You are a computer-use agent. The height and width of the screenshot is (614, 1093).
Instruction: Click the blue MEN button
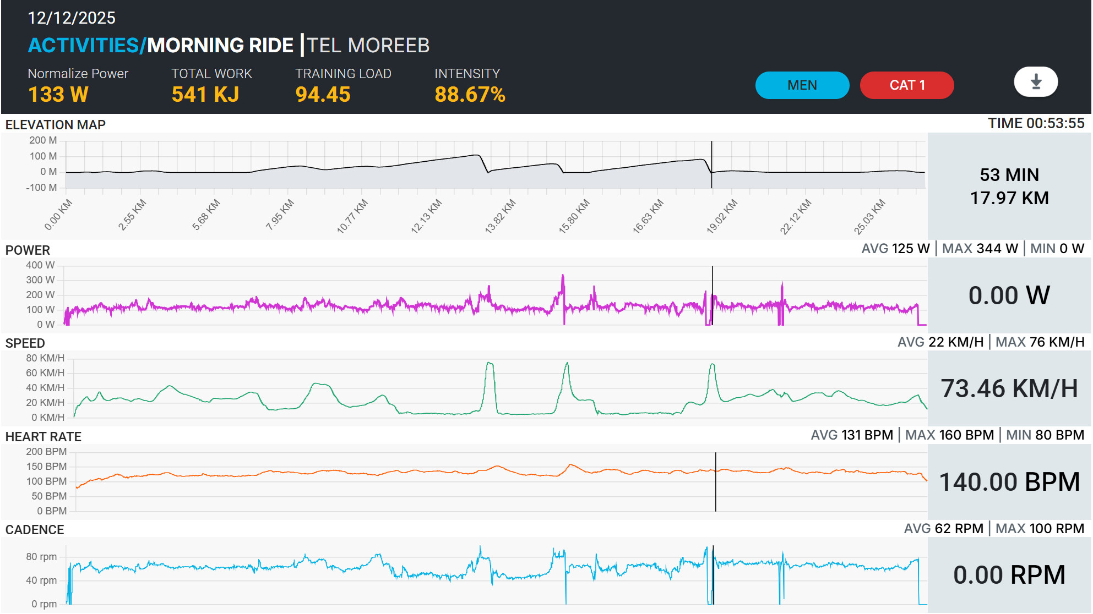point(802,85)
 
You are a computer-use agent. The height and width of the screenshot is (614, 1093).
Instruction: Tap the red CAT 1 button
point(906,85)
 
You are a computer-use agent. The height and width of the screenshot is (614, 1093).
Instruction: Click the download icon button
point(1036,82)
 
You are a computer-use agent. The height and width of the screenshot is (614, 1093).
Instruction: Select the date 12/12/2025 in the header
point(72,18)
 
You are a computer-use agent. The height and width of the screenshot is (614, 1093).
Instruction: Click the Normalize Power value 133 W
point(58,95)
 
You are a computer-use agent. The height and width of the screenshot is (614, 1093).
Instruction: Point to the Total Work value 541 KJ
point(205,95)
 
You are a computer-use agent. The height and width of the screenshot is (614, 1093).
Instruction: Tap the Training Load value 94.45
point(323,95)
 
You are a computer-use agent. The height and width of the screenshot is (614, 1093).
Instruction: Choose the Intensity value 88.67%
point(470,95)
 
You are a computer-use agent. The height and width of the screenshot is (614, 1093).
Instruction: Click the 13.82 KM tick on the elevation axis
point(500,216)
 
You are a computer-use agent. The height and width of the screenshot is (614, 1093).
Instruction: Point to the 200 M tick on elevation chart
point(43,140)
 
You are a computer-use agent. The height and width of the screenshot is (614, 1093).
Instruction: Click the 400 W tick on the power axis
point(40,265)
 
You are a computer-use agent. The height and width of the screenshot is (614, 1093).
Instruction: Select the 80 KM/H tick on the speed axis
point(45,358)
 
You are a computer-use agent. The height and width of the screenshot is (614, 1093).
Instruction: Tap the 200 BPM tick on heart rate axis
point(46,452)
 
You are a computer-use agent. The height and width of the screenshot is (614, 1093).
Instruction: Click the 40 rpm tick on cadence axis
point(41,580)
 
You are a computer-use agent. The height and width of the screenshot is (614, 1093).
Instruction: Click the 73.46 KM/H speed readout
point(1009,388)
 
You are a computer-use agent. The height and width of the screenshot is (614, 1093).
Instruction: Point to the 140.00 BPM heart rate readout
point(1009,482)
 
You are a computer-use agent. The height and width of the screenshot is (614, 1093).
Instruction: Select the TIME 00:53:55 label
point(1036,123)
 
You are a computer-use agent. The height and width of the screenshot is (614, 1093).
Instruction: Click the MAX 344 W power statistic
point(980,249)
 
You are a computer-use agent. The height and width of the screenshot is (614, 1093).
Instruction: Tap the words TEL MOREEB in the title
point(368,45)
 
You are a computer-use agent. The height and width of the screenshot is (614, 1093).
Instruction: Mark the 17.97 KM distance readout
point(1009,198)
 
